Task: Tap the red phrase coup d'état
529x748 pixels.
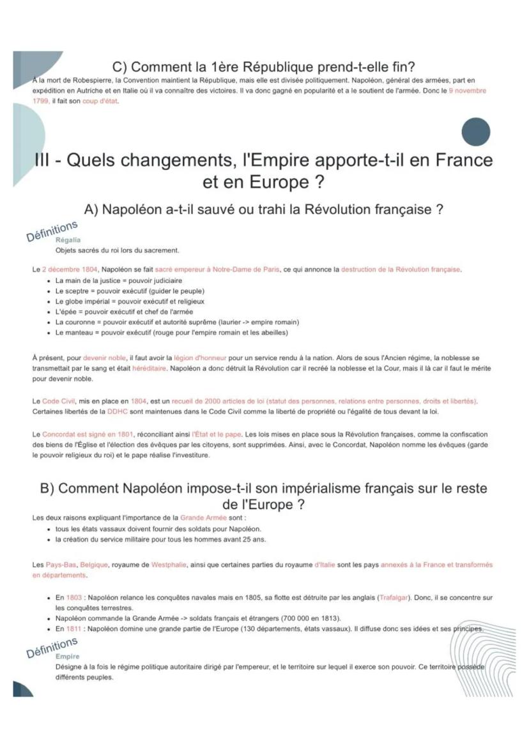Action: pyautogui.click(x=100, y=101)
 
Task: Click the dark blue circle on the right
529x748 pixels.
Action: pyautogui.click(x=475, y=132)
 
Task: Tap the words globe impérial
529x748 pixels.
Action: pyautogui.click(x=85, y=301)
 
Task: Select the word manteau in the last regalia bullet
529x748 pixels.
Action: pyautogui.click(x=76, y=332)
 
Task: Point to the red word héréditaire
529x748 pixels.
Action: pyautogui.click(x=149, y=368)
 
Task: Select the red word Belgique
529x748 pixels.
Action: pyautogui.click(x=95, y=565)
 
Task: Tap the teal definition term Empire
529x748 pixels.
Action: pyautogui.click(x=68, y=656)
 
